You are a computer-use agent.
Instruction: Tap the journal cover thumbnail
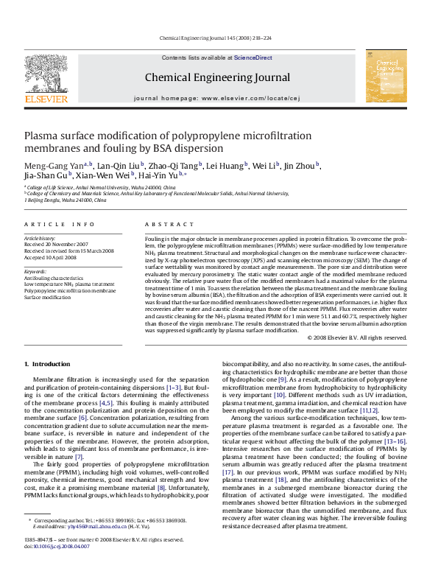click(x=386, y=76)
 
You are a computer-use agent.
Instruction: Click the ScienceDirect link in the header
click(x=253, y=57)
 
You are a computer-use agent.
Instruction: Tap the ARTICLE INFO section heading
click(x=60, y=224)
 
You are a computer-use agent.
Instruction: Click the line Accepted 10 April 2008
click(x=49, y=256)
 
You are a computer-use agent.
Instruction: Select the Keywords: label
click(x=36, y=271)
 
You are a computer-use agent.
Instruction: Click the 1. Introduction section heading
click(x=47, y=364)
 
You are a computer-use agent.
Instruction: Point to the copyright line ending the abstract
click(x=356, y=337)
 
